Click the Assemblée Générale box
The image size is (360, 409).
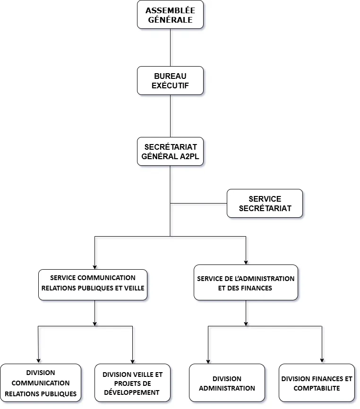(x=170, y=15)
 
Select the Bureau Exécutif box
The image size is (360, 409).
(x=170, y=81)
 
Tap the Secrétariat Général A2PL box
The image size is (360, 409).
(x=170, y=152)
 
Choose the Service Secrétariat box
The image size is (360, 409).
(x=265, y=204)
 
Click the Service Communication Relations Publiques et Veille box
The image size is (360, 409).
(x=93, y=285)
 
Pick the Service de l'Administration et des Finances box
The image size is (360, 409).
(x=246, y=282)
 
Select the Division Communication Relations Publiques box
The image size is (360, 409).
(x=41, y=383)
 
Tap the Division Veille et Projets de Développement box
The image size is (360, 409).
(x=132, y=383)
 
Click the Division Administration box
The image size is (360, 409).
(x=227, y=383)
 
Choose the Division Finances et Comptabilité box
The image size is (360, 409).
(x=317, y=383)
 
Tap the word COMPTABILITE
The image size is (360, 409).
(x=317, y=388)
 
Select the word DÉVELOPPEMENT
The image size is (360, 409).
(x=132, y=392)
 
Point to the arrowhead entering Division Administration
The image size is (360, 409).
(x=208, y=361)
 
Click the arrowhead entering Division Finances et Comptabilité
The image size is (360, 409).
(x=322, y=361)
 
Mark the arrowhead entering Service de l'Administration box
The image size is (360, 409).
(x=246, y=262)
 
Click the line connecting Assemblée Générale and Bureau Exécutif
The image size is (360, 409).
(x=170, y=47)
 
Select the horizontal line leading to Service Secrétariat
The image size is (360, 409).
(x=198, y=204)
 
